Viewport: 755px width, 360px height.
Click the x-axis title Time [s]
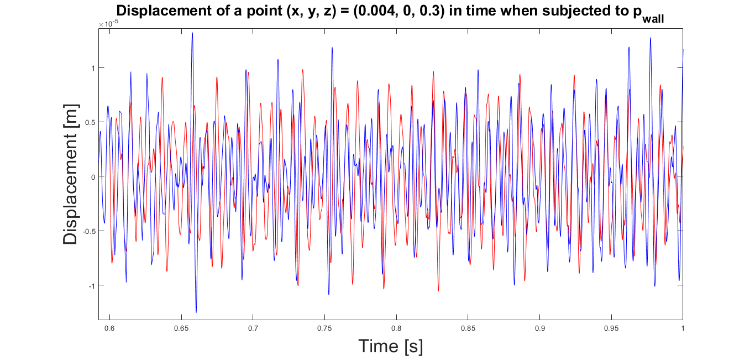(x=390, y=346)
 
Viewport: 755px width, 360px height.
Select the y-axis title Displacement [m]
(x=70, y=174)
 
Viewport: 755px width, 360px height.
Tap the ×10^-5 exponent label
(x=108, y=24)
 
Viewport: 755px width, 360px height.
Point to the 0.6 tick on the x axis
(x=109, y=328)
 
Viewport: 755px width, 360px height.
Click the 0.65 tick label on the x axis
(x=181, y=328)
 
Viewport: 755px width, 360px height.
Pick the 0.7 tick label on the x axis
(x=253, y=328)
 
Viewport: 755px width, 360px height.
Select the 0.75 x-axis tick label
(x=324, y=328)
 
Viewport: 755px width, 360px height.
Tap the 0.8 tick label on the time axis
(x=396, y=328)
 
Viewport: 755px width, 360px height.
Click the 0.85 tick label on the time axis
(x=468, y=328)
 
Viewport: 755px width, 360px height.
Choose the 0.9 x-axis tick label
(x=539, y=328)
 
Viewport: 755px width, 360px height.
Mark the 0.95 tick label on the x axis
(x=611, y=328)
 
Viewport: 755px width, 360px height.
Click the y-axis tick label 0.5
(x=90, y=122)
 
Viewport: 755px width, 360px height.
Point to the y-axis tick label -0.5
(x=89, y=231)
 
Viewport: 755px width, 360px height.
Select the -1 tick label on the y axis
(x=92, y=286)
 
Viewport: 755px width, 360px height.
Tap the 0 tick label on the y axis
(x=93, y=177)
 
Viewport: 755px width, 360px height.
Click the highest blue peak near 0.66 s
(x=192, y=33)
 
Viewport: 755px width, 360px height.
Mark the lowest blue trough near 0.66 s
(x=196, y=312)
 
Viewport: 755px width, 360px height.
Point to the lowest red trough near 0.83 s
(x=438, y=290)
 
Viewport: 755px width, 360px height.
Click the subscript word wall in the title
(x=653, y=19)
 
